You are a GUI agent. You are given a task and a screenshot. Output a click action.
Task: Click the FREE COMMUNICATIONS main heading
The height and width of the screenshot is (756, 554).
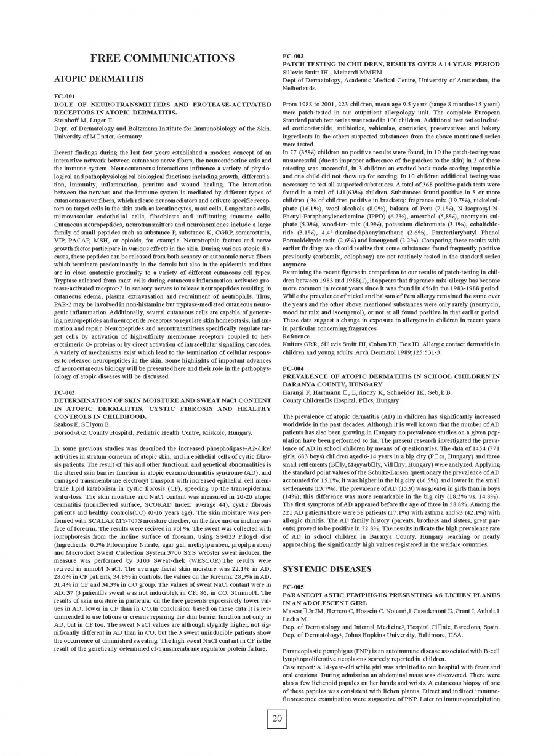162,58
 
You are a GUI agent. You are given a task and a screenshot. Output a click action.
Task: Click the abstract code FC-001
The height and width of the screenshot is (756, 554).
65,97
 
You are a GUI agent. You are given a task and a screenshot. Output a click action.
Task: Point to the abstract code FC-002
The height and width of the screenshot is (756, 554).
65,392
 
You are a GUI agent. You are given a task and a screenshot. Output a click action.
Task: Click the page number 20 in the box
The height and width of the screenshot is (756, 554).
276,718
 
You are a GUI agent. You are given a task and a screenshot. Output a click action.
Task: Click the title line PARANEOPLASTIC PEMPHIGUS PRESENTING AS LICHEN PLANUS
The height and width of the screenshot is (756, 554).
391,595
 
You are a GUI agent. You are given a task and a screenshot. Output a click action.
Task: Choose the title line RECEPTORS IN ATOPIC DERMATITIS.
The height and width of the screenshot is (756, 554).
116,113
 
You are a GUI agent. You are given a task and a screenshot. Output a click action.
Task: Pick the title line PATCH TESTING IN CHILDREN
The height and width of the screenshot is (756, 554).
391,64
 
